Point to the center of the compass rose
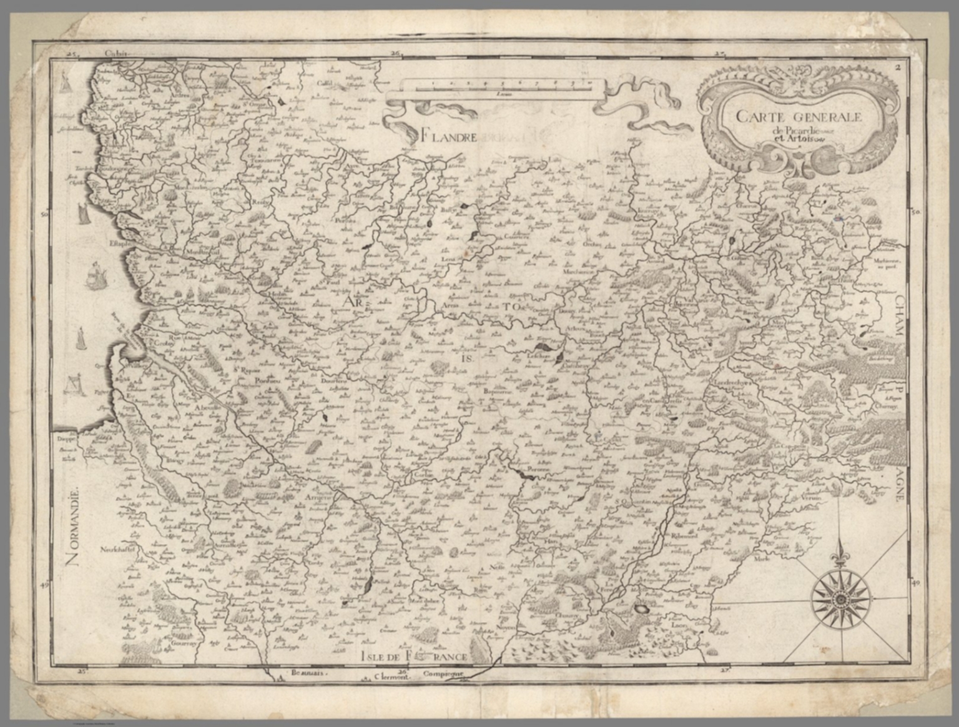click(x=840, y=599)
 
